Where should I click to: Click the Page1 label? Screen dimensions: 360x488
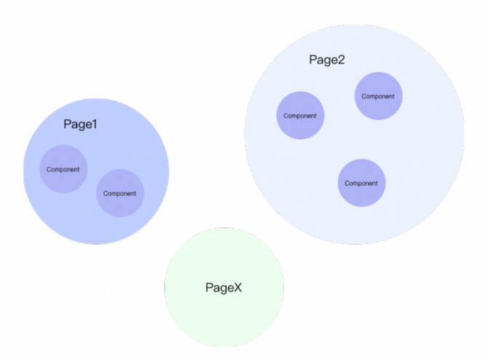point(80,125)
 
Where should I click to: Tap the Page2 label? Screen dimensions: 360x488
point(327,60)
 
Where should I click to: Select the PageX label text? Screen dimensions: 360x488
point(224,288)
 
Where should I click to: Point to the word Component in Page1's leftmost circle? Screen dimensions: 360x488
point(63,170)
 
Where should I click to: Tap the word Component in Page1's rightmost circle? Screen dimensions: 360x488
point(120,194)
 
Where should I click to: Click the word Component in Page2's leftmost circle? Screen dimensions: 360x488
point(300,116)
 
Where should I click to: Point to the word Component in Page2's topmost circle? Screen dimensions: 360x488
point(379,96)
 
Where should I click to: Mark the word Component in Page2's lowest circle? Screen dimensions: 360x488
point(361,184)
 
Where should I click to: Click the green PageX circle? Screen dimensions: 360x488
point(224,313)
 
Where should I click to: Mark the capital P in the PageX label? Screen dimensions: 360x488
point(210,288)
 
